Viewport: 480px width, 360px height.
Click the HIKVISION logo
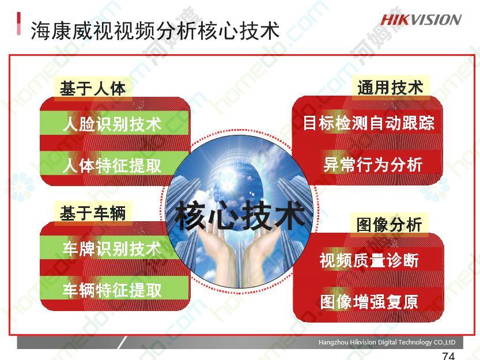click(421, 20)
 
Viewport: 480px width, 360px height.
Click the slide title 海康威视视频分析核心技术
click(155, 31)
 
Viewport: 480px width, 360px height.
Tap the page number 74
click(448, 355)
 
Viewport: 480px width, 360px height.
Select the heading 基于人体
click(93, 89)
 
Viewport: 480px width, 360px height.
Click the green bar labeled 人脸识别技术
click(115, 124)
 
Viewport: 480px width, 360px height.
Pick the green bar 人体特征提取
click(115, 164)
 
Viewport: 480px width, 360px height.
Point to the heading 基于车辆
click(93, 213)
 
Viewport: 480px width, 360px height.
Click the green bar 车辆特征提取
click(115, 289)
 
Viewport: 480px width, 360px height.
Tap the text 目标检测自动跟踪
click(369, 123)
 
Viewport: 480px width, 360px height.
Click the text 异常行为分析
click(373, 164)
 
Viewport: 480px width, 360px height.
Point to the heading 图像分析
click(389, 225)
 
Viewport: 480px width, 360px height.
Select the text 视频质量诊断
click(369, 260)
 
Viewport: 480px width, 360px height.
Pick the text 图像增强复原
click(369, 301)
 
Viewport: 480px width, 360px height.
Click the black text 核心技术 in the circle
click(240, 215)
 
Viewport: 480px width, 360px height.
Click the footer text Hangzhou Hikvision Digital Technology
click(387, 342)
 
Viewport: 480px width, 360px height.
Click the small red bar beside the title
click(18, 24)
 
